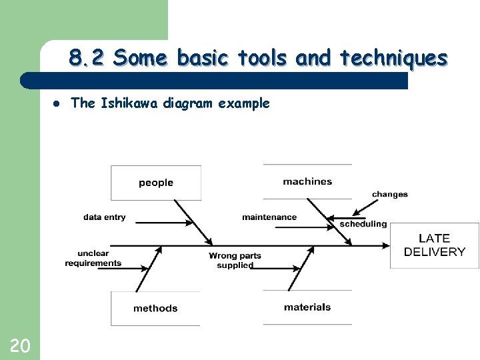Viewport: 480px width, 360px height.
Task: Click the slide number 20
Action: pos(20,345)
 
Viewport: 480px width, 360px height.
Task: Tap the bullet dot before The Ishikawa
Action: pos(57,103)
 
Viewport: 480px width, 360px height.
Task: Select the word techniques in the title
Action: pos(393,59)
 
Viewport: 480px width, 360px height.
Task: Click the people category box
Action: pos(156,183)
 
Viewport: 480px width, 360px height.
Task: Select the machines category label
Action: pos(307,181)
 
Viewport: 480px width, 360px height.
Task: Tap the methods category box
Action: pos(155,308)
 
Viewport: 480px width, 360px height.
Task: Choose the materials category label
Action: pos(307,307)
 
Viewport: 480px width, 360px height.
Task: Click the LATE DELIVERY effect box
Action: pos(434,245)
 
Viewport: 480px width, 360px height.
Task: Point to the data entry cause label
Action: pos(104,217)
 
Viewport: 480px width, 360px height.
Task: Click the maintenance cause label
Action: pos(269,217)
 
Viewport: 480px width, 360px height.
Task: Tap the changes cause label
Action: pos(390,195)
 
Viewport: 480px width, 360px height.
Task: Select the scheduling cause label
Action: pos(363,225)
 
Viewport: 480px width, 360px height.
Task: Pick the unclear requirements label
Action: pos(93,259)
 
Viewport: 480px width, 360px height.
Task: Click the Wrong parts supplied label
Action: pos(235,261)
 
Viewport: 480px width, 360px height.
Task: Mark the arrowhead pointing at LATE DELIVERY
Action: pos(387,245)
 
